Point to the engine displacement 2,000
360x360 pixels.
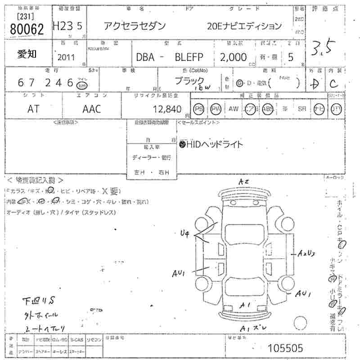233,57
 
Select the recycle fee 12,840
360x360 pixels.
167,108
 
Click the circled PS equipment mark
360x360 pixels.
199,108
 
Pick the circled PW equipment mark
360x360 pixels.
216,108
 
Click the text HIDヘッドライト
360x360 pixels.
211,144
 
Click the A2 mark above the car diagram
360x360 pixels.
243,181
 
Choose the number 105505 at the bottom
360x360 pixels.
285,348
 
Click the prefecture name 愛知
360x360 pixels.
28,54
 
